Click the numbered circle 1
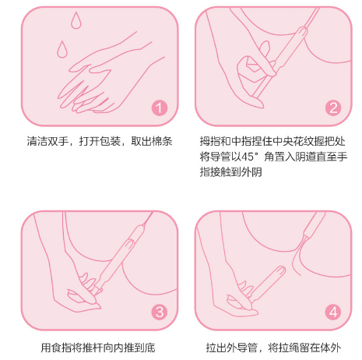pos(159,108)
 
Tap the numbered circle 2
pos(333,108)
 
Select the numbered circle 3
pos(159,312)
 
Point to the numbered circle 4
pos(333,312)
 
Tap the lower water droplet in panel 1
pos(59,51)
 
